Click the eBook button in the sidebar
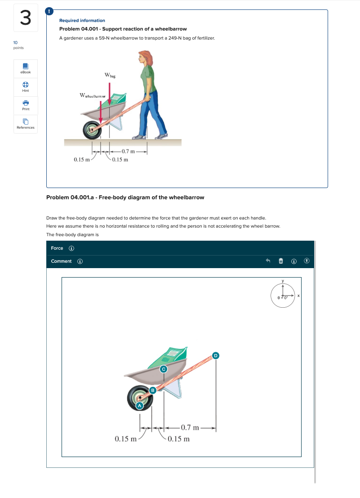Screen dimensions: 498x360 pos(26,68)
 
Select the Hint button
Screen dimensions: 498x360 pos(26,86)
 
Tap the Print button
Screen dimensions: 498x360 pos(26,105)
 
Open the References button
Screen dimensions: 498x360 pos(26,124)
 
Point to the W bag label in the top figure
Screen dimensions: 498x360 pos(110,75)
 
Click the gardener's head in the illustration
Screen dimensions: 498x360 pos(146,57)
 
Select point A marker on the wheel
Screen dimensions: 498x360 pos(139,405)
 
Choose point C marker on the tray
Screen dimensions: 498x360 pos(164,369)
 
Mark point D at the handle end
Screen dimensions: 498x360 pos(216,356)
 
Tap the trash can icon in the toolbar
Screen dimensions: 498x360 pos(280,261)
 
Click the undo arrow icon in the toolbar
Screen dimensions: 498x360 pos(268,261)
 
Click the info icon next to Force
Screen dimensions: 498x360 pos(71,248)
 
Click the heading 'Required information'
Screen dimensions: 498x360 pos(82,21)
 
